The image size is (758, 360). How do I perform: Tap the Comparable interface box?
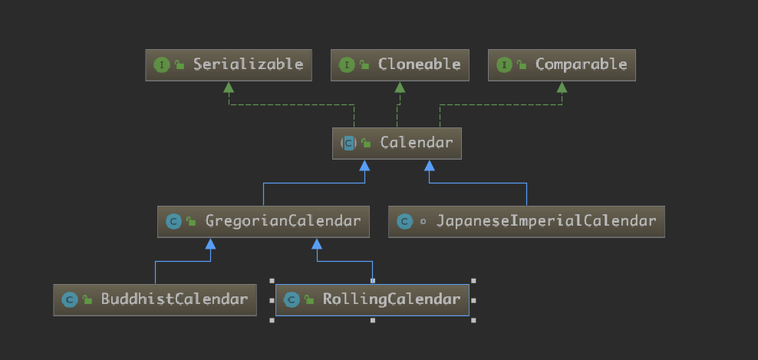562,64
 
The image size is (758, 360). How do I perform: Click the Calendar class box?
397,143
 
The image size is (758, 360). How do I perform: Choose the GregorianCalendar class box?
263,221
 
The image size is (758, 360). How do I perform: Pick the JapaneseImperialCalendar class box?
526,221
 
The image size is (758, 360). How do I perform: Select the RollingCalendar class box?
372,299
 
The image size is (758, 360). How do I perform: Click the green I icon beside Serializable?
161,64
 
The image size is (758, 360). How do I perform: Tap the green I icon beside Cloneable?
346,64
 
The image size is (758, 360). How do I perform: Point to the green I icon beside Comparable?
504,64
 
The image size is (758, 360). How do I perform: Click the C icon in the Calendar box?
349,143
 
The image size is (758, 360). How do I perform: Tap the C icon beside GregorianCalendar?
173,222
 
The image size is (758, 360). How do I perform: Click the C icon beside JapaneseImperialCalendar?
404,222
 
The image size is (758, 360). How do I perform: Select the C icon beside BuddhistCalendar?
70,299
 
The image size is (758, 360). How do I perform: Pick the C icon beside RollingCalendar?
291,299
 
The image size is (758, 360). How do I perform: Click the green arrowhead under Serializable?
229,88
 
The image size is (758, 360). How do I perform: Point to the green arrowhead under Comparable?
562,88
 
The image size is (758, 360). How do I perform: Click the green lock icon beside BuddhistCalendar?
87,300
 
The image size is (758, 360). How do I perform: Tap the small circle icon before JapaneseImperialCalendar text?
423,222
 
